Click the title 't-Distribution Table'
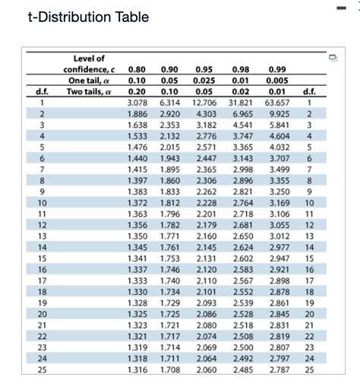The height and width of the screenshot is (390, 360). point(77,16)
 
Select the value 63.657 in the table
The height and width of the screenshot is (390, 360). point(278,102)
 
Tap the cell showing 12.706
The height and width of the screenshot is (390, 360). point(207,102)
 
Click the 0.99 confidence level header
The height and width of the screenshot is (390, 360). point(278,70)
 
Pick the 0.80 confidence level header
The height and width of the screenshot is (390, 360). point(138,70)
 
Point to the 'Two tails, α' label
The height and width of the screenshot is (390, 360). point(88,91)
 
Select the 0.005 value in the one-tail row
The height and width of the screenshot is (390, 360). point(278,81)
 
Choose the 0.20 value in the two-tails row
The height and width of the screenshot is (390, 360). point(138,91)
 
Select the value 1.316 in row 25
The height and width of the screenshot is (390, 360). point(138,369)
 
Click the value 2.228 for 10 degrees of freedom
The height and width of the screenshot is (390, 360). point(207,202)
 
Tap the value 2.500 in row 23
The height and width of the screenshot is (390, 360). point(243,347)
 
